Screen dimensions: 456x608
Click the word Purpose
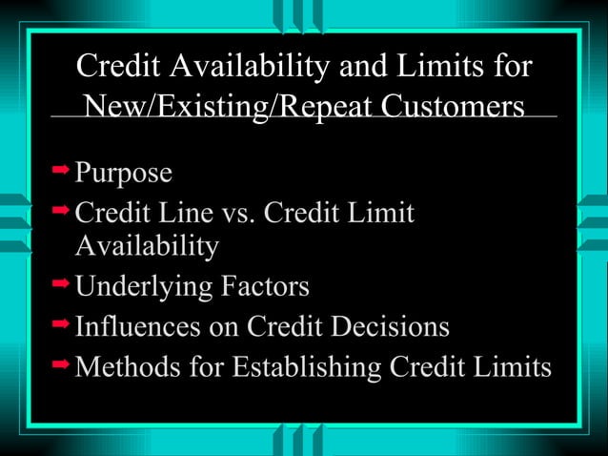124,174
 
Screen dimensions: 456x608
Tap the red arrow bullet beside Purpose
61,169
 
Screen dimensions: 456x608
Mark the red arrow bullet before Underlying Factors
61,282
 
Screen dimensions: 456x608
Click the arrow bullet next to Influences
61,322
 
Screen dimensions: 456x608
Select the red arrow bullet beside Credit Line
61,208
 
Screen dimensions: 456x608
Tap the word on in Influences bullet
225,326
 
